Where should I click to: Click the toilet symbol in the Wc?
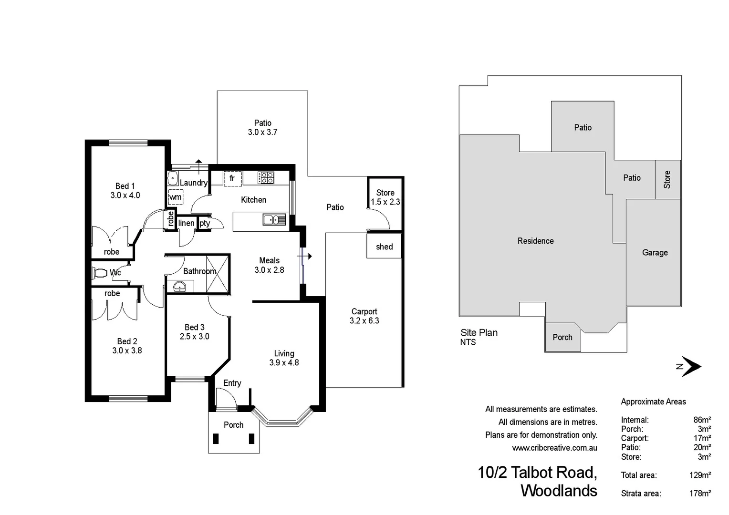[x=100, y=273]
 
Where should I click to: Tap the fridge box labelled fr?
[x=232, y=178]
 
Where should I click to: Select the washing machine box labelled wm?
[x=176, y=197]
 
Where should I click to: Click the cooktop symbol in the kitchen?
[x=266, y=178]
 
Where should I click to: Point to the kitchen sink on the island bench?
[x=274, y=219]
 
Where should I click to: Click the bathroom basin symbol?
[x=180, y=286]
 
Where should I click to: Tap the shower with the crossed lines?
[x=218, y=274]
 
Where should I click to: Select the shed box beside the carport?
[x=384, y=247]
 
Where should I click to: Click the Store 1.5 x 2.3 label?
[x=385, y=197]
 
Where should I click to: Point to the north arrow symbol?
[x=689, y=366]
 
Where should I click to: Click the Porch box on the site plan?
[x=562, y=337]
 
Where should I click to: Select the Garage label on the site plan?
[x=655, y=253]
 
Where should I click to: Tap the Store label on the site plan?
[x=667, y=179]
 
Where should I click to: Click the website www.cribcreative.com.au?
[x=554, y=448]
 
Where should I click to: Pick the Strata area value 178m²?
[x=700, y=494]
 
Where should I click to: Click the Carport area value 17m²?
[x=702, y=438]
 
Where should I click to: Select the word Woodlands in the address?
[x=559, y=491]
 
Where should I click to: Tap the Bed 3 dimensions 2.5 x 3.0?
[x=194, y=336]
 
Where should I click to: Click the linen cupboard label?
[x=186, y=223]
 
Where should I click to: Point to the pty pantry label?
[x=205, y=223]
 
